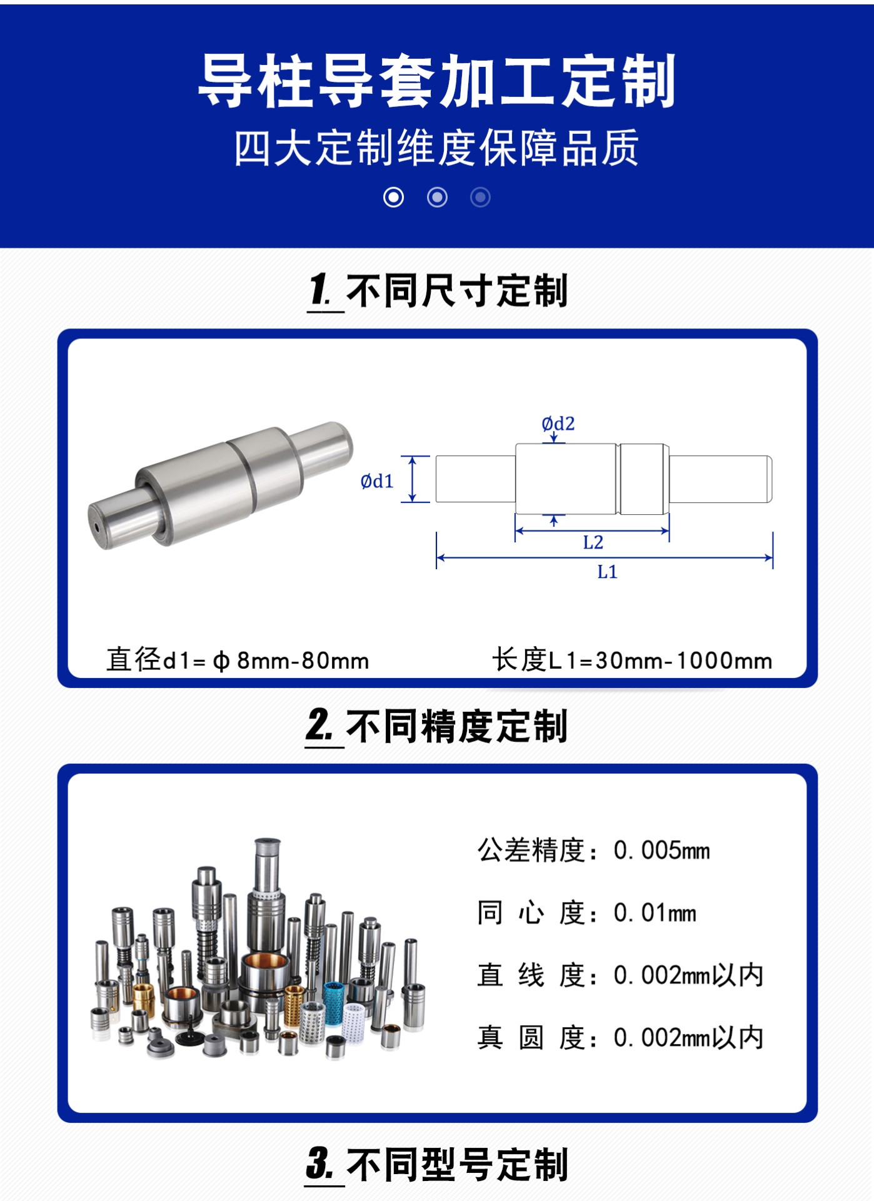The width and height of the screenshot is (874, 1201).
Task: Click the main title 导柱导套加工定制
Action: point(437,81)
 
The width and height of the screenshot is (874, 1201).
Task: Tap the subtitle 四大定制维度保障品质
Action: point(437,148)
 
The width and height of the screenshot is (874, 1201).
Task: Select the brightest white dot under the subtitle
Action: point(393,198)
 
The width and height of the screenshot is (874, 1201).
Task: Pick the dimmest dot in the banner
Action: point(480,198)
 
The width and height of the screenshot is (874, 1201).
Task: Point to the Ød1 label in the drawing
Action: point(377,481)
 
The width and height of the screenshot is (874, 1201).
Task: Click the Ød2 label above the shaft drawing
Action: point(558,423)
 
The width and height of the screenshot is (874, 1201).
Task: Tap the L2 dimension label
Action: point(593,542)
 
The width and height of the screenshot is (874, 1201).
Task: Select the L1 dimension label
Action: point(607,572)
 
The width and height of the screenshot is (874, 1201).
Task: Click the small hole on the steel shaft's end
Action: point(98,527)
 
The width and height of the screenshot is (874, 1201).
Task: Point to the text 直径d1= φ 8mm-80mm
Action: point(238,660)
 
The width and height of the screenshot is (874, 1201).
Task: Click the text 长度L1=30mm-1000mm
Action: point(632,660)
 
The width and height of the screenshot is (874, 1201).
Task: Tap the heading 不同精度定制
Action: point(456,726)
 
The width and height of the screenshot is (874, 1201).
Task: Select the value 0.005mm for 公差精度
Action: point(661,850)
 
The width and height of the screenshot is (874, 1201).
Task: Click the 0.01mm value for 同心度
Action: point(655,913)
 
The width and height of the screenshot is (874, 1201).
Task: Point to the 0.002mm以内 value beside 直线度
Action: point(688,975)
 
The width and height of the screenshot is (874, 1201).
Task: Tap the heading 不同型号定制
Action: point(456,1165)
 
